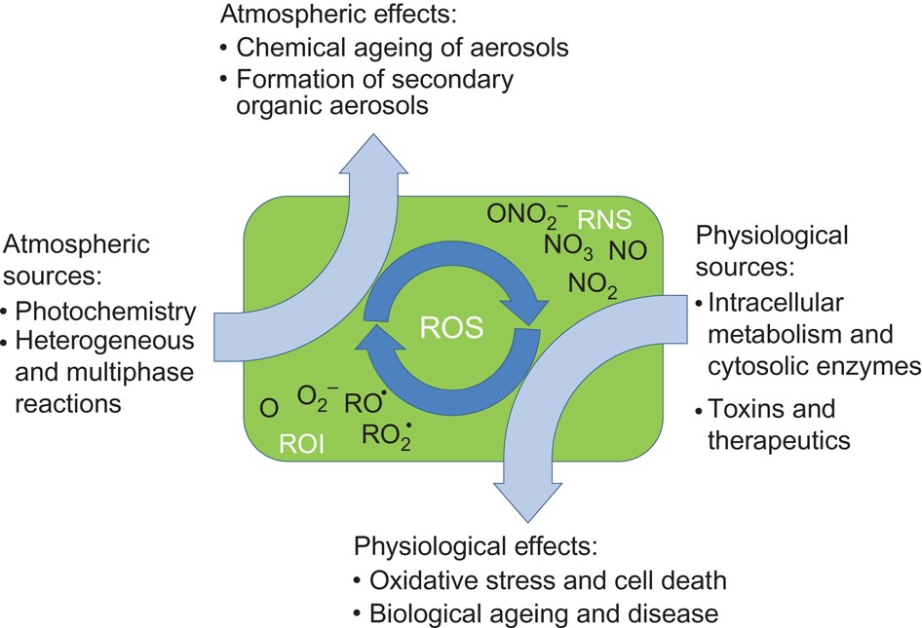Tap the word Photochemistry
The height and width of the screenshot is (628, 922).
point(108,312)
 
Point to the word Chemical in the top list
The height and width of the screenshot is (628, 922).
point(284,46)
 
